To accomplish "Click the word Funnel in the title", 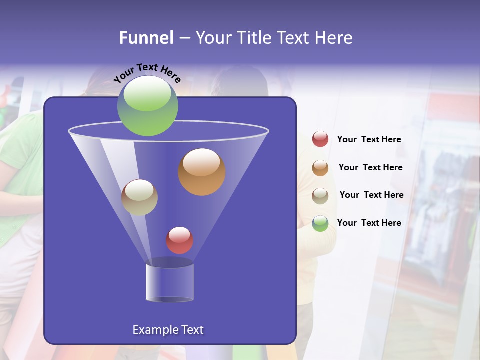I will click(x=146, y=38).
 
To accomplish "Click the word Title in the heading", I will click(x=254, y=38).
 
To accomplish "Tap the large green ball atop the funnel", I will click(x=147, y=105).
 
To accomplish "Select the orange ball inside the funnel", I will click(x=202, y=172).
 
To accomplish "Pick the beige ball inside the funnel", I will click(x=139, y=197).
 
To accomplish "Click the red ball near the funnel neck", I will click(x=179, y=240).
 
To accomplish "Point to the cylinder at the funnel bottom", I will click(x=170, y=282).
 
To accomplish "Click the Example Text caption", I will click(x=168, y=330).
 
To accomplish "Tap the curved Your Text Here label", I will click(x=147, y=73).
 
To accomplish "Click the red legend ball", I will click(x=320, y=139).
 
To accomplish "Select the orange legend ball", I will click(x=320, y=168).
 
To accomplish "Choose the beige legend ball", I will click(x=320, y=195).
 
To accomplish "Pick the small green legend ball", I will click(x=320, y=223).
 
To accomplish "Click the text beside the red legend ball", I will click(x=369, y=139).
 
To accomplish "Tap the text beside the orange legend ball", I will click(x=370, y=167).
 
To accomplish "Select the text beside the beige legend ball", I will click(x=371, y=195).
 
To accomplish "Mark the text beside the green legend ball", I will click(x=369, y=223).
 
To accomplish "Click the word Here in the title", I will click(x=334, y=38).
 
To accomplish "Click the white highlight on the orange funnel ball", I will click(x=201, y=162).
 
